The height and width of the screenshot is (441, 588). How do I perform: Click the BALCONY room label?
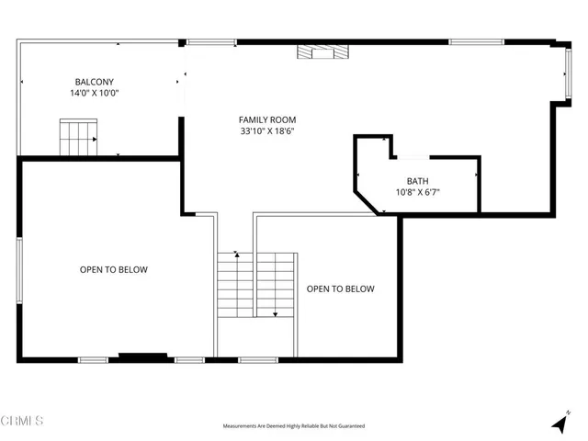coord(95,81)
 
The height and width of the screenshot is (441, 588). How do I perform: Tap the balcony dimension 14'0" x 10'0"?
coord(95,93)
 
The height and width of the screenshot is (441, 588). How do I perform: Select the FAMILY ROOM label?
coord(267,119)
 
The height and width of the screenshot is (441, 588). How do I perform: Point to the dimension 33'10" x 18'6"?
coord(267,131)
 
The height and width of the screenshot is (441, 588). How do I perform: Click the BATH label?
coord(417,181)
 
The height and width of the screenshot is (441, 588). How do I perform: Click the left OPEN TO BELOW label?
coord(113,270)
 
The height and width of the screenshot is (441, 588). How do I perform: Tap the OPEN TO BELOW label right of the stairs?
coord(340,289)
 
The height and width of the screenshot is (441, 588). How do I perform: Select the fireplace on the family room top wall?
coord(322,52)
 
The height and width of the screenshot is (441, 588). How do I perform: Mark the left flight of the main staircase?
coord(235,285)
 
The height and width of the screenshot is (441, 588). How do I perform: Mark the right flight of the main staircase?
coord(275,285)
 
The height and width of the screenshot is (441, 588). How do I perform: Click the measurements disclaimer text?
coord(294,426)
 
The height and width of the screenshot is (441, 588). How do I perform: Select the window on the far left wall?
coord(19,268)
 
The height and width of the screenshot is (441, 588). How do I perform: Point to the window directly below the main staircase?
coord(258,359)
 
